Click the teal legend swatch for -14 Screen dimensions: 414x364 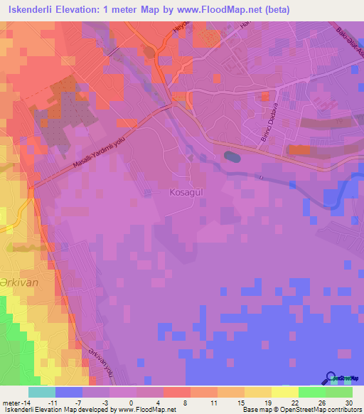pos(42,392)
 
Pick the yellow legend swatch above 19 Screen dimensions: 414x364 pos(258,392)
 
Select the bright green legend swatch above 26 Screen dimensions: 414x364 pos(312,392)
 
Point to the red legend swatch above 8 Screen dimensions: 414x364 pos(177,392)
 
